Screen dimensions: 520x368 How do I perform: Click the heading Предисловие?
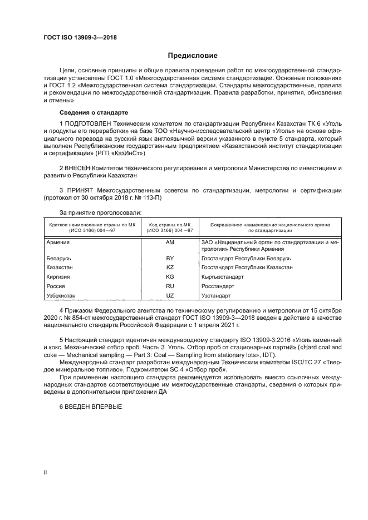pyautogui.click(x=193, y=56)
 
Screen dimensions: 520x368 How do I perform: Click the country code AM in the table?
pyautogui.click(x=170, y=243)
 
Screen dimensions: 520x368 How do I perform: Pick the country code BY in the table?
pyautogui.click(x=170, y=259)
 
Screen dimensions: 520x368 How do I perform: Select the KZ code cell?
pyautogui.click(x=170, y=268)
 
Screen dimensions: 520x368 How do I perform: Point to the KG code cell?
pyautogui.click(x=170, y=276)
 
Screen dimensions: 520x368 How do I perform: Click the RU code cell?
pyautogui.click(x=170, y=286)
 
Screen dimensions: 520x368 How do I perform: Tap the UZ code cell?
pyautogui.click(x=170, y=295)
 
